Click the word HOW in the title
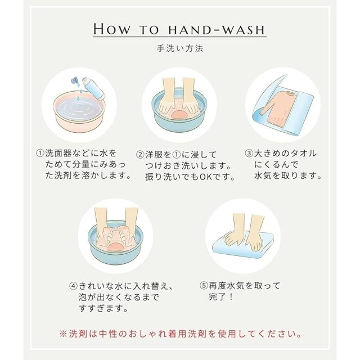point(112,29)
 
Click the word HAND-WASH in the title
point(217,30)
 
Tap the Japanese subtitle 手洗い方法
point(180,48)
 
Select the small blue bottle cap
point(75,80)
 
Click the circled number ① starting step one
point(40,153)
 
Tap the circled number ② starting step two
point(140,154)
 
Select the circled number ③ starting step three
point(249,153)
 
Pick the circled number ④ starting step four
point(74,286)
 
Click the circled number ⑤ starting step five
point(204,286)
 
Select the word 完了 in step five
point(218,296)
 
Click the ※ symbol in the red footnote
point(63,334)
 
